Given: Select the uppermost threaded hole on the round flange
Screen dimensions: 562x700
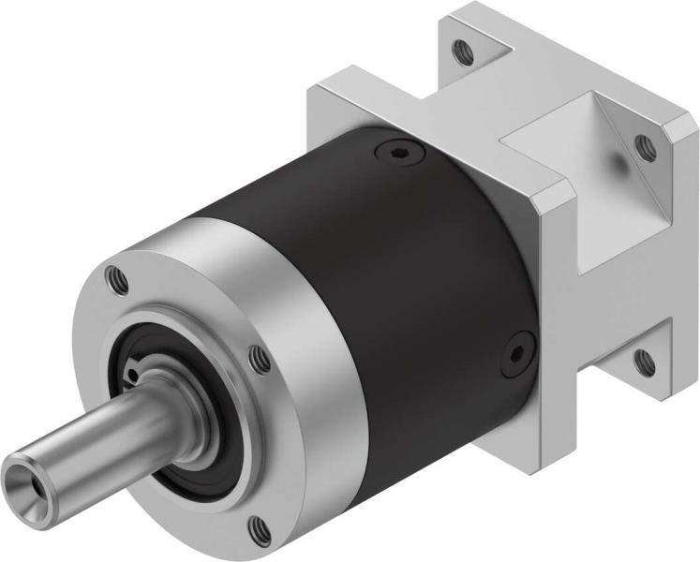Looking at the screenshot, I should click(x=115, y=278).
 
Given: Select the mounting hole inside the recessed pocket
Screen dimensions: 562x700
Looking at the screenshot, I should click(x=645, y=144).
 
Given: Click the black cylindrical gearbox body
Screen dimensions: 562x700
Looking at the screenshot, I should click(x=412, y=281).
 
